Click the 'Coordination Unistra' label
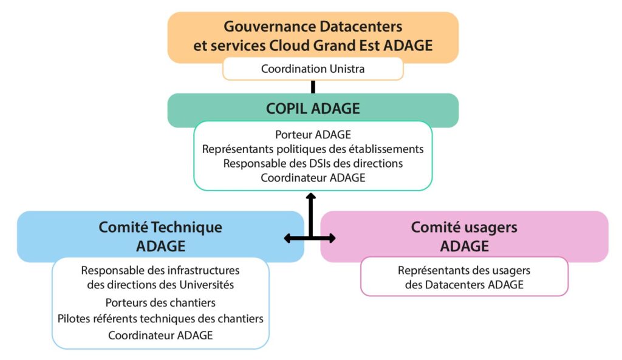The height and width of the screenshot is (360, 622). tap(313, 69)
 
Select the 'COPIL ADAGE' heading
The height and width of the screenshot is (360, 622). tap(313, 109)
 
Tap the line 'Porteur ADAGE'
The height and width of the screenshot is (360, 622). tap(313, 135)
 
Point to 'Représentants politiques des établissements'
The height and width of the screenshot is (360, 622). tap(313, 149)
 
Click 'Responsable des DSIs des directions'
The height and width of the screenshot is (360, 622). tap(313, 163)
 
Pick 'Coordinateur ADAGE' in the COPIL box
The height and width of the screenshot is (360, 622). tap(313, 177)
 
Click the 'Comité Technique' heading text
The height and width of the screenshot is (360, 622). tap(160, 227)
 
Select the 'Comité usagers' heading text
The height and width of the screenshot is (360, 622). tap(464, 227)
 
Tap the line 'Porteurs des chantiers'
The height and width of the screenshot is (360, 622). tap(160, 302)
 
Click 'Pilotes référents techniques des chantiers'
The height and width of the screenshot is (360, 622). tap(160, 318)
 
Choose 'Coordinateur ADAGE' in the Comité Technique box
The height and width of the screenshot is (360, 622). tap(160, 335)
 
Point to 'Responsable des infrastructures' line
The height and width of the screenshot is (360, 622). tap(160, 270)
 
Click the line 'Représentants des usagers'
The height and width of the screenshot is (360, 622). tap(464, 270)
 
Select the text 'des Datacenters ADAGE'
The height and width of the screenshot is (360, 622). tap(464, 284)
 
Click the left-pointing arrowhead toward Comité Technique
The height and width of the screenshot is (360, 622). tap(288, 239)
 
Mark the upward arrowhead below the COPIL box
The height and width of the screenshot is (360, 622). tap(310, 197)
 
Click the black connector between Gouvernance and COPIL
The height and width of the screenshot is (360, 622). tap(313, 87)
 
